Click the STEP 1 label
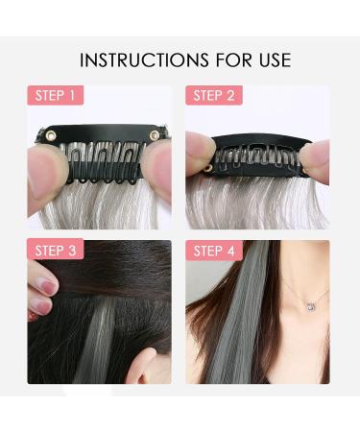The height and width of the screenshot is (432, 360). tap(57, 95)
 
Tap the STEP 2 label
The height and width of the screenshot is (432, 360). tap(215, 95)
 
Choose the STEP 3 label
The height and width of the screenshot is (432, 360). tap(57, 252)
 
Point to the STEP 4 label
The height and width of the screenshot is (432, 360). tap(215, 252)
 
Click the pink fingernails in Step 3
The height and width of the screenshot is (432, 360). tap(42, 293)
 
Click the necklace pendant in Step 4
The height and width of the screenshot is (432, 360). tap(309, 306)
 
